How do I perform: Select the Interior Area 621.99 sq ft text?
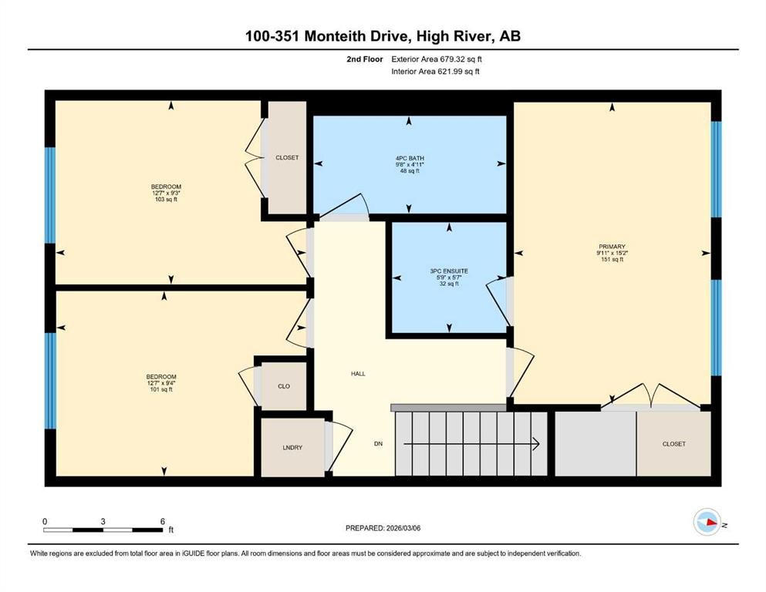(x=437, y=72)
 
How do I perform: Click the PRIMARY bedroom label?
(x=610, y=247)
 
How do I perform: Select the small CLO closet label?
(x=283, y=385)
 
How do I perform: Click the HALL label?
(x=358, y=374)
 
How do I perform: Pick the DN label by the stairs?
(x=378, y=444)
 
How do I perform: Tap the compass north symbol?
(x=707, y=523)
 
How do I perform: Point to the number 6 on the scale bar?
(x=162, y=521)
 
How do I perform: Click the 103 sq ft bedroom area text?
(x=166, y=200)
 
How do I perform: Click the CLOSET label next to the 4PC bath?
(x=287, y=158)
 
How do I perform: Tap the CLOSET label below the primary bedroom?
(x=673, y=444)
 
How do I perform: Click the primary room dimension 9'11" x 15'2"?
(x=610, y=254)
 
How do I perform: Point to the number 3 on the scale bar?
(x=103, y=521)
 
